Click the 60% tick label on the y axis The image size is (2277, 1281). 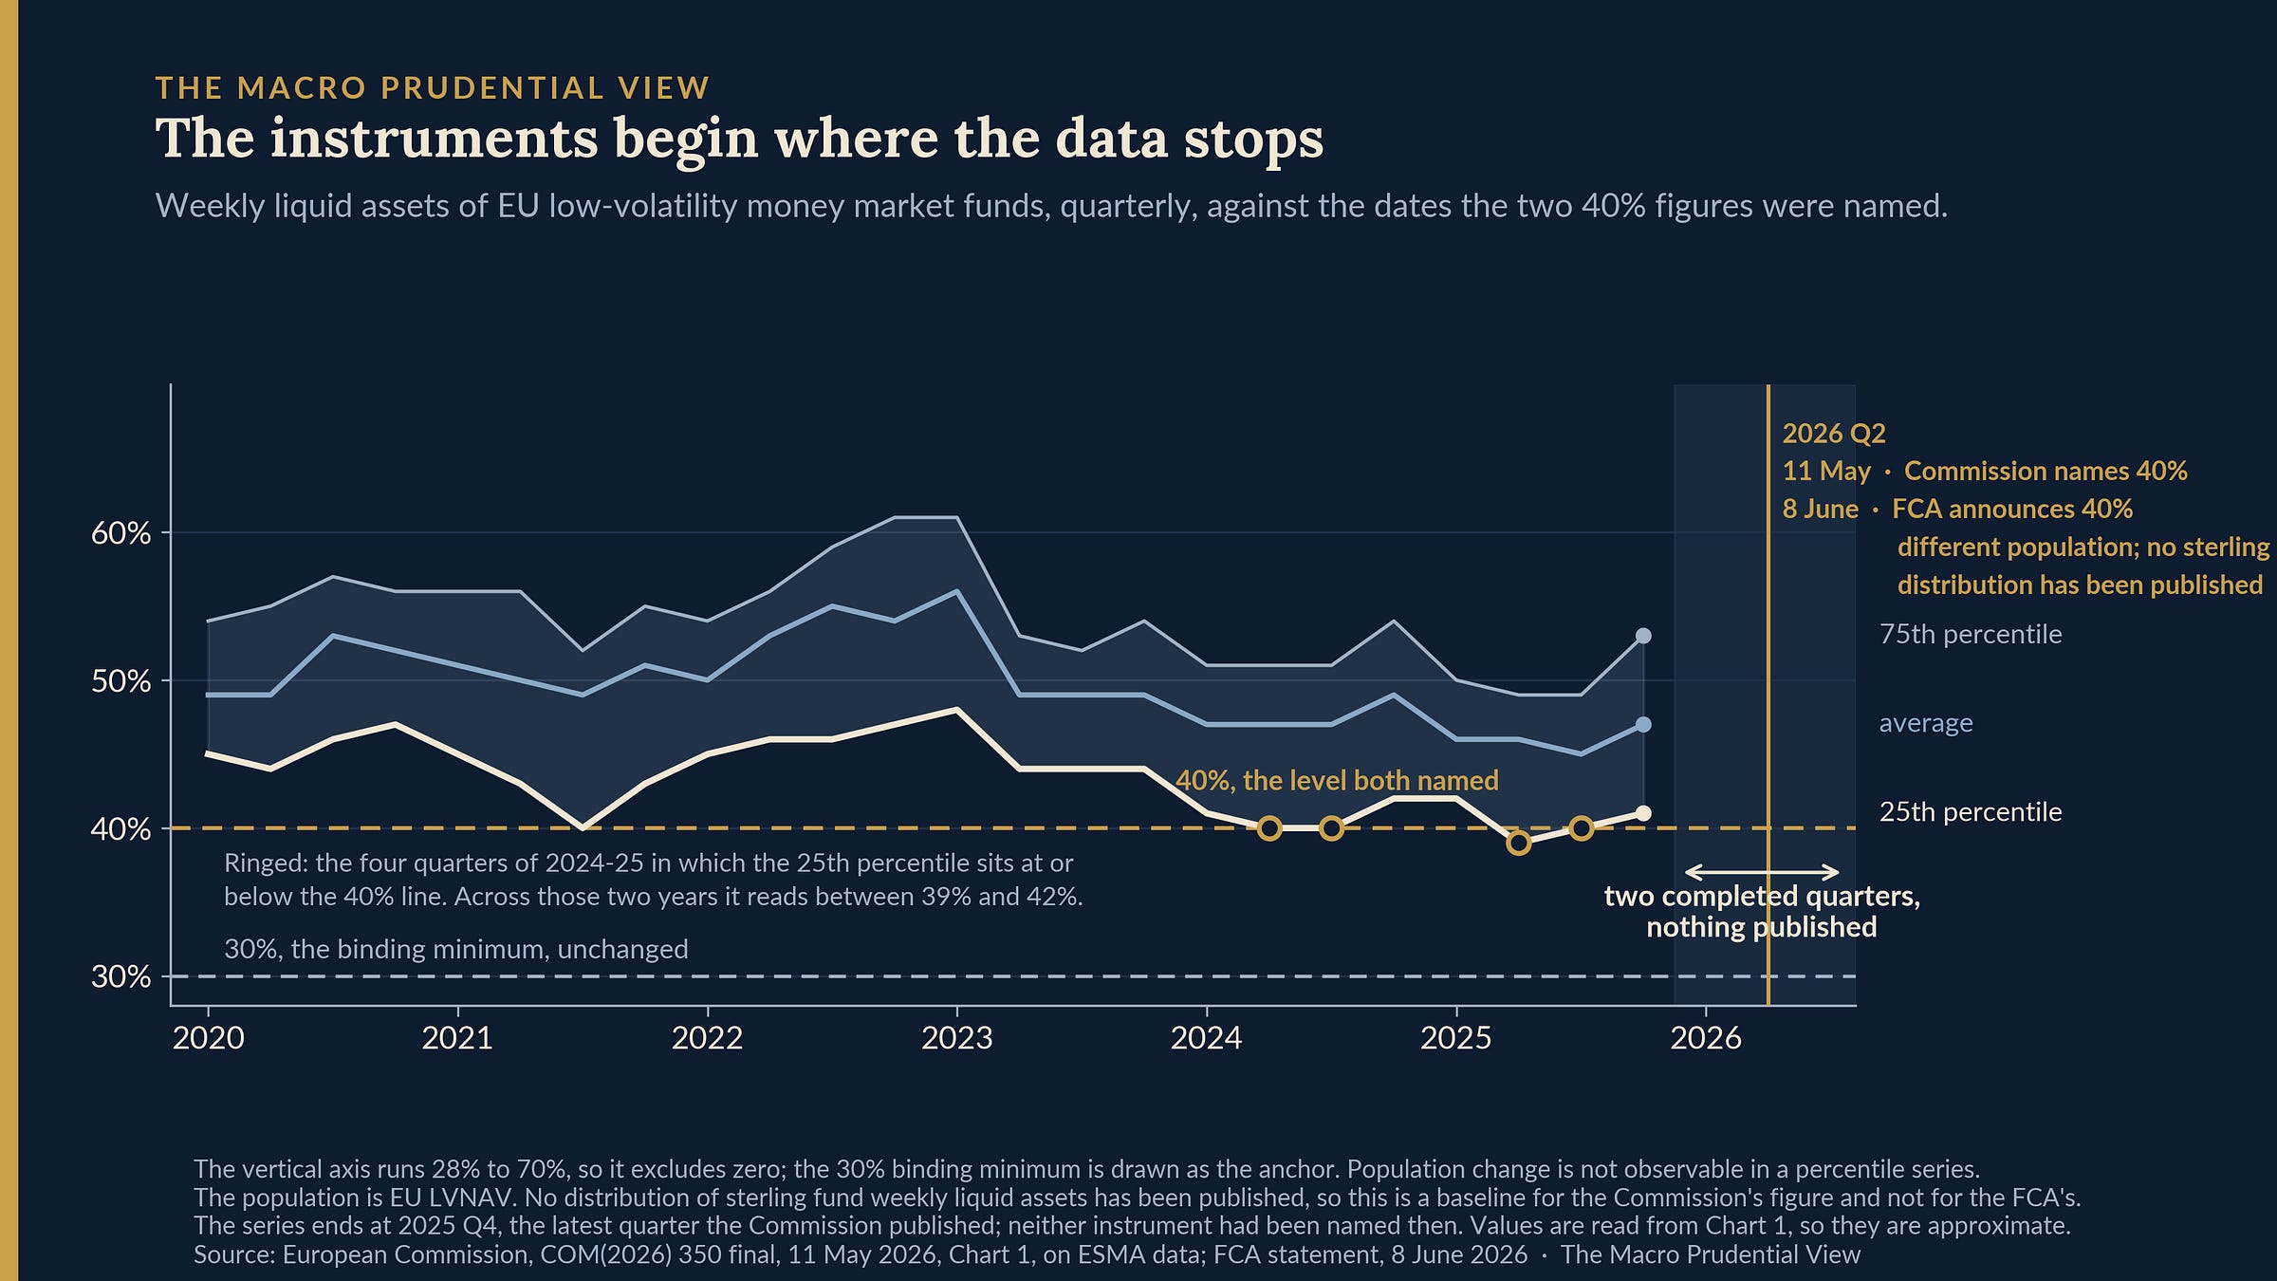[x=120, y=533]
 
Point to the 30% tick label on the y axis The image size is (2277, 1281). [x=120, y=976]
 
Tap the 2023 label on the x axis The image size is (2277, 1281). [x=956, y=1038]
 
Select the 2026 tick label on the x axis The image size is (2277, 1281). [x=1706, y=1038]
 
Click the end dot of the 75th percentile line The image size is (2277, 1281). [x=1643, y=636]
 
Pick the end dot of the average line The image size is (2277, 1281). [x=1643, y=725]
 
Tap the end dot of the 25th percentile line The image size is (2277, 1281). [x=1643, y=813]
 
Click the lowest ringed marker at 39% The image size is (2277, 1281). [x=1518, y=843]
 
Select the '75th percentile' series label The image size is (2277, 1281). [x=1971, y=634]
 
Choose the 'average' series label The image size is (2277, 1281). [x=1926, y=723]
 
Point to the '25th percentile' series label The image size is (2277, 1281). [x=1971, y=812]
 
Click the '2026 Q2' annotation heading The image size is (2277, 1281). [x=1834, y=434]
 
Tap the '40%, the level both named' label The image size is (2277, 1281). [x=1337, y=781]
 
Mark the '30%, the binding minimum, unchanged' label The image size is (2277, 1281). [x=456, y=949]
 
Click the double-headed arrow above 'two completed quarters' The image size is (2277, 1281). [x=1762, y=872]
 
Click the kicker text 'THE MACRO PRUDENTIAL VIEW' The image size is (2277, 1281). [x=433, y=88]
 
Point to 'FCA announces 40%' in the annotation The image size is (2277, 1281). [x=2012, y=510]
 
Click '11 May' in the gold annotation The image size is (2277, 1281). [x=1826, y=472]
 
